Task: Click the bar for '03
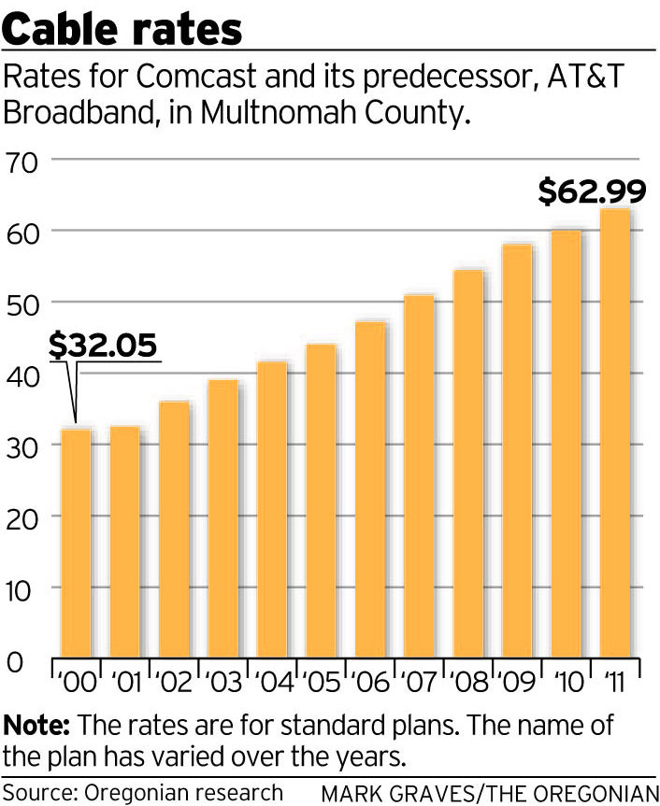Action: [x=222, y=519]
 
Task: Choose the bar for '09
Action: [x=517, y=452]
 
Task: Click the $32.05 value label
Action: [x=104, y=346]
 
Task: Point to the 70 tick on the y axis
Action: [x=22, y=160]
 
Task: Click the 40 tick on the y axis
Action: [x=22, y=374]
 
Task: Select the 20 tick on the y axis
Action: [x=22, y=516]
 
